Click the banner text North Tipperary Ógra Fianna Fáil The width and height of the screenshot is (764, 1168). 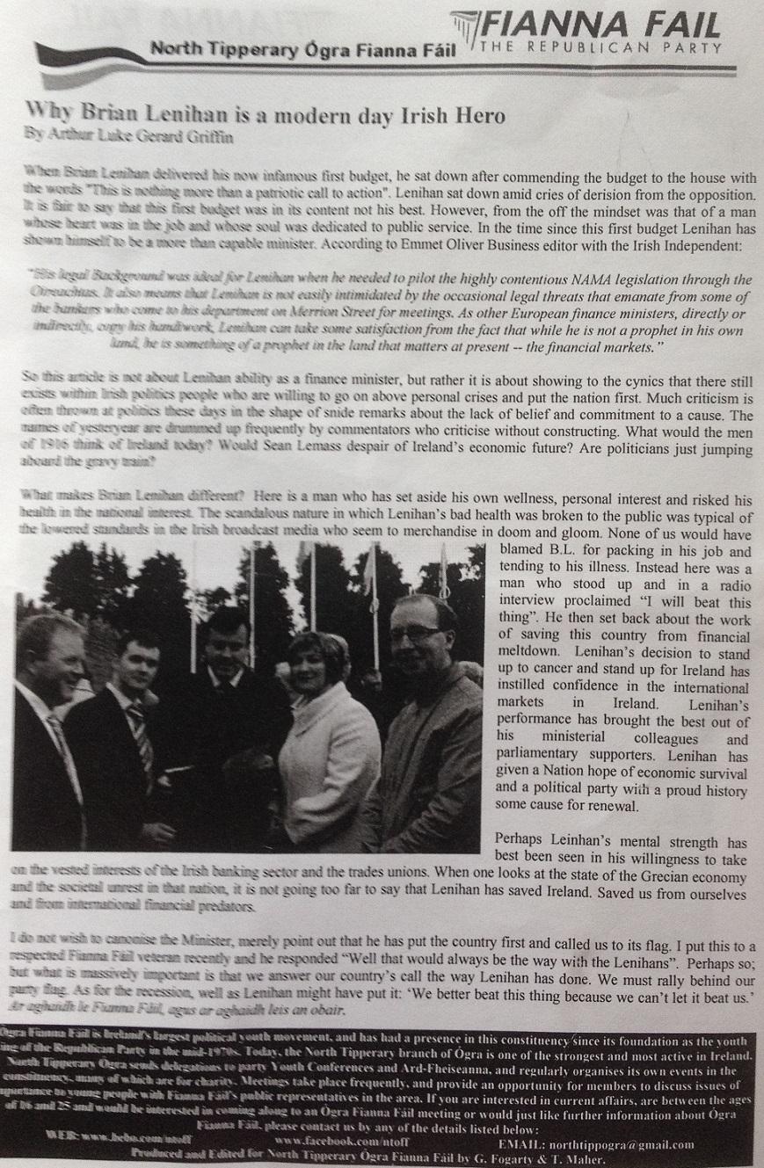pyautogui.click(x=303, y=49)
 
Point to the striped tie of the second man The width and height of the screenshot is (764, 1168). pyautogui.click(x=140, y=739)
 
